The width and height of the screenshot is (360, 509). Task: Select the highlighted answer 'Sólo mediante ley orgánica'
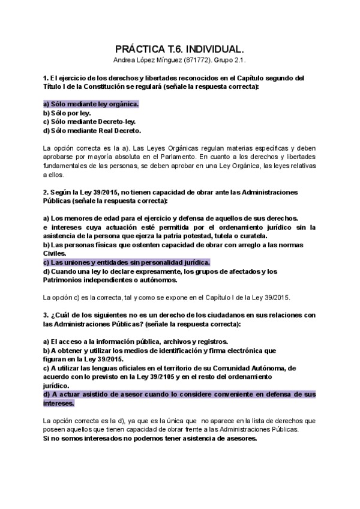91,104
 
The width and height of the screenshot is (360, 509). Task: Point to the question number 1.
46,78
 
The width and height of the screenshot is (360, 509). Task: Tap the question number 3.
46,315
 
